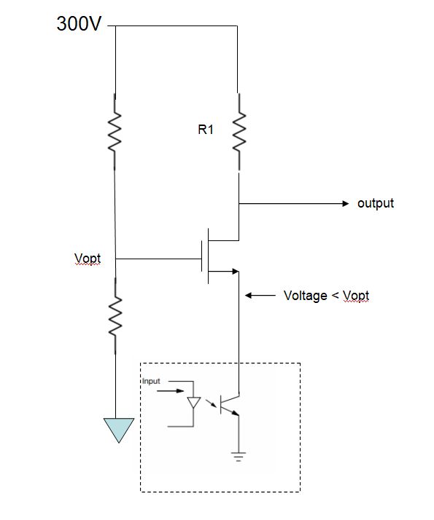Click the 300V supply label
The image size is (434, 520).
coord(79,24)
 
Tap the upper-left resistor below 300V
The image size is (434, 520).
coord(115,131)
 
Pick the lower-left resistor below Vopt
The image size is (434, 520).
coord(115,316)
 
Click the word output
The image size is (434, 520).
coord(375,203)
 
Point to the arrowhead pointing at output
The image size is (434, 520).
coord(346,204)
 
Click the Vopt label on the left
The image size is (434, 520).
coord(88,259)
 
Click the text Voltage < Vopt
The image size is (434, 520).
coord(326,296)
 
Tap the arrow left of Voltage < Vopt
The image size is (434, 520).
coord(258,296)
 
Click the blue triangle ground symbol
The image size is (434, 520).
coord(118,429)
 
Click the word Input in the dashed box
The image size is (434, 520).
coord(151,381)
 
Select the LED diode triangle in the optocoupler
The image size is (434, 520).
coord(194,403)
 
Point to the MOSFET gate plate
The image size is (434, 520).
coord(201,259)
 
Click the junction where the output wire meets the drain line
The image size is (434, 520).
coord(239,204)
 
